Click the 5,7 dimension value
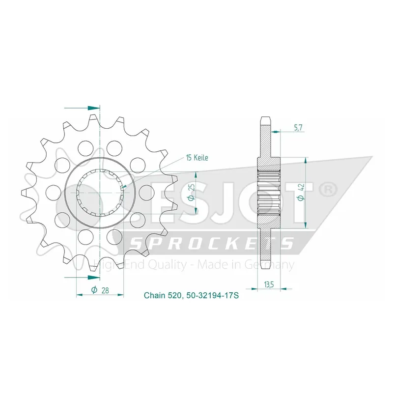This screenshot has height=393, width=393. pyautogui.click(x=298, y=128)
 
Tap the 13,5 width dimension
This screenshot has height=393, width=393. pyautogui.click(x=269, y=284)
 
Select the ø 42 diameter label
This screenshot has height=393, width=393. pyautogui.click(x=301, y=192)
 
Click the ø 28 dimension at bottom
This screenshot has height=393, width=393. pyautogui.click(x=100, y=290)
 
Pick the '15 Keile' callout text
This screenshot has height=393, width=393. pyautogui.click(x=197, y=158)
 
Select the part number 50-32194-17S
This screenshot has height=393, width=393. pyautogui.click(x=212, y=296)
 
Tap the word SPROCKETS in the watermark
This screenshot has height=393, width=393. pyautogui.click(x=212, y=243)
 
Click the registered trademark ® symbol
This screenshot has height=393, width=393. pyautogui.click(x=328, y=190)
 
